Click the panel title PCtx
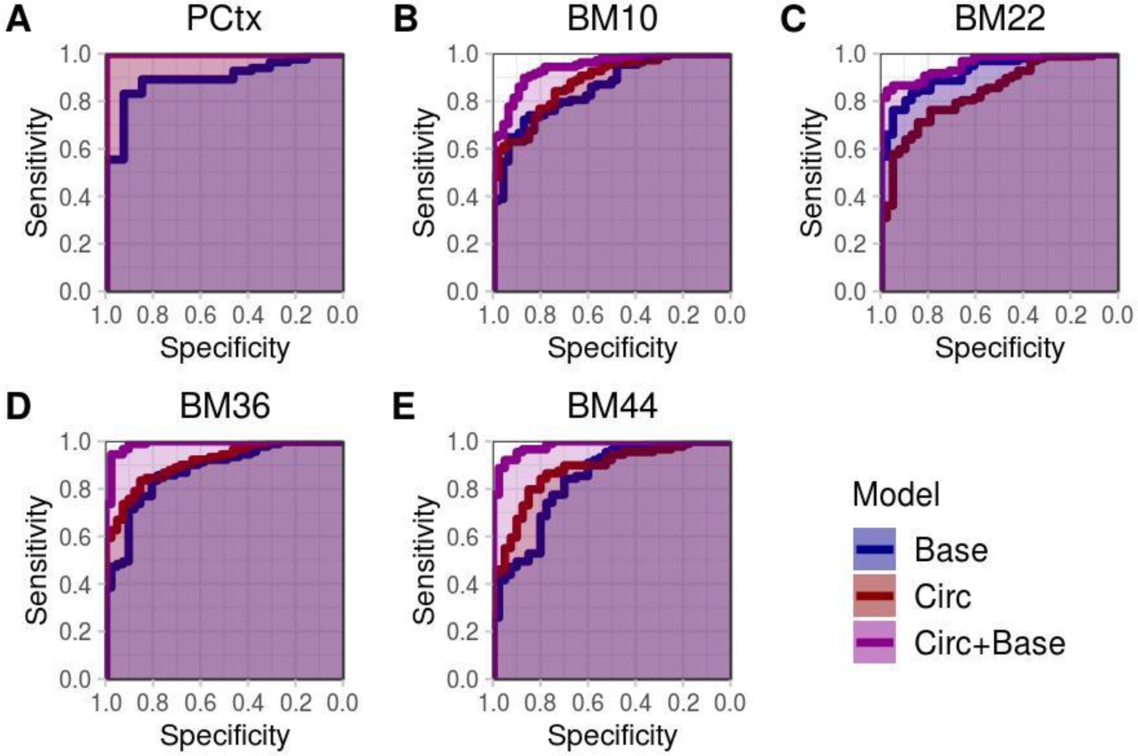click(224, 19)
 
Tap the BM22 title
click(999, 19)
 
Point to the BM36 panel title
click(225, 406)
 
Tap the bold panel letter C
click(793, 20)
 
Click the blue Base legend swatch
click(874, 549)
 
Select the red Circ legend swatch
click(874, 596)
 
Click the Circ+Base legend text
click(989, 643)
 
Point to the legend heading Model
click(896, 494)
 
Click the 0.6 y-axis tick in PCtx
click(75, 149)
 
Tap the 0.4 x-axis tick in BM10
click(635, 315)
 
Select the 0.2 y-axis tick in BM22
click(850, 244)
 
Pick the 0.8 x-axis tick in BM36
click(153, 703)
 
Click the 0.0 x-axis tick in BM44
click(730, 703)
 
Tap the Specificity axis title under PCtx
click(225, 348)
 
